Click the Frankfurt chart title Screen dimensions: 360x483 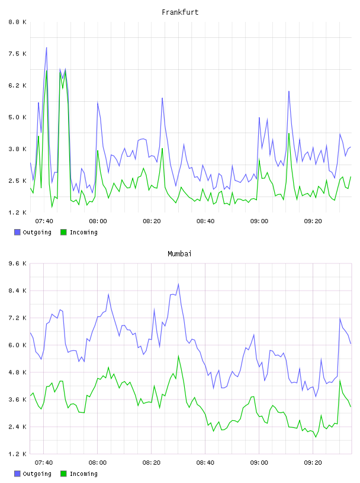(180, 12)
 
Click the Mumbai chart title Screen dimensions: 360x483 (179, 254)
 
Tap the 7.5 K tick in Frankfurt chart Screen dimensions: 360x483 (17, 54)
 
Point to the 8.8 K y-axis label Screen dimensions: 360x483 (17, 22)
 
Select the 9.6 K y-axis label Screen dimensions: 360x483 (17, 263)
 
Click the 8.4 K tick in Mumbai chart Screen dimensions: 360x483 (17, 291)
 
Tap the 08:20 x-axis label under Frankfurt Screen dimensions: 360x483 (152, 221)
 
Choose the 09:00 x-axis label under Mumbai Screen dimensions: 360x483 (259, 462)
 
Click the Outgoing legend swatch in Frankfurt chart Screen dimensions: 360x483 (17, 232)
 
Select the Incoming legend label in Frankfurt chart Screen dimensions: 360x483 (83, 232)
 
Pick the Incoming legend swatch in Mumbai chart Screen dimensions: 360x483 (63, 474)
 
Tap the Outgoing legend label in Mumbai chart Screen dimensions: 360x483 (37, 474)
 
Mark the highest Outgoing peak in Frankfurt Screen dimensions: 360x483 (47, 47)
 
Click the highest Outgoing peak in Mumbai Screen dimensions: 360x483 (178, 284)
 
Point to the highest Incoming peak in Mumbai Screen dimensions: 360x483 (178, 356)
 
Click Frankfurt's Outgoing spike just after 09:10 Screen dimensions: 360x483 (289, 91)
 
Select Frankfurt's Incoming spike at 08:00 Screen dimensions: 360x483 (98, 150)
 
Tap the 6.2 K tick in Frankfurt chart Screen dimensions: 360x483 (17, 85)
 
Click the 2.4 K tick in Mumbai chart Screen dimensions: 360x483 (17, 427)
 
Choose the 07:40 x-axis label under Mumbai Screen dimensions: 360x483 (44, 462)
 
